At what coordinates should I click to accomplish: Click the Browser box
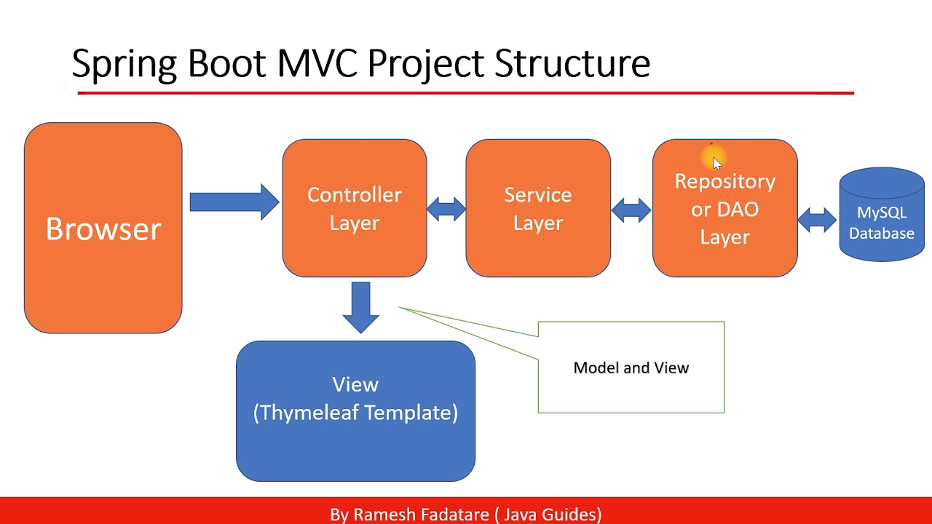tap(103, 229)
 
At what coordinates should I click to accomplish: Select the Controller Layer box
tap(355, 208)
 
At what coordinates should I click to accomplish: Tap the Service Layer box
tap(538, 208)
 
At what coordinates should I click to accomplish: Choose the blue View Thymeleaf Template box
tap(355, 411)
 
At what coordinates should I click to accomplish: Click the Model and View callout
tap(631, 368)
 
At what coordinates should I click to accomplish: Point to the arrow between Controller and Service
tap(446, 210)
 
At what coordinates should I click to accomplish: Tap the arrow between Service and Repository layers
tap(631, 210)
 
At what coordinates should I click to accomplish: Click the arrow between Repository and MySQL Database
tap(818, 218)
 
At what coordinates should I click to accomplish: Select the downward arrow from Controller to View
tap(360, 306)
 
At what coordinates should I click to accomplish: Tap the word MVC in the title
tap(317, 64)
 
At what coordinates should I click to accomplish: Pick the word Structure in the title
tap(572, 64)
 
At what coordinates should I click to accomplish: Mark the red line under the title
tap(465, 93)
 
